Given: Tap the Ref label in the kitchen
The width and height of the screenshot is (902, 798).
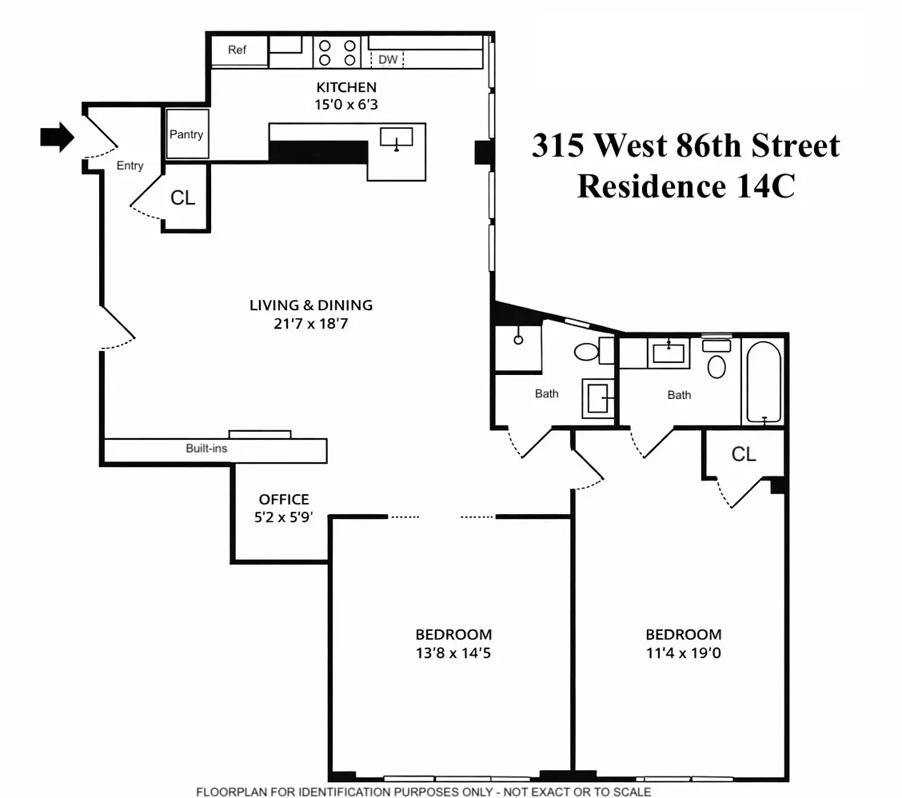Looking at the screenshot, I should [237, 50].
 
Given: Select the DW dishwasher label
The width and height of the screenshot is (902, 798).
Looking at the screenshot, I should [388, 59].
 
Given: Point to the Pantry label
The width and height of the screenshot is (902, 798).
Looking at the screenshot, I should [186, 134].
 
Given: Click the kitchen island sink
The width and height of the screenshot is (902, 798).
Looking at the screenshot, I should [396, 138].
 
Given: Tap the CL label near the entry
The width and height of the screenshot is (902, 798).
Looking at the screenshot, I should [183, 198].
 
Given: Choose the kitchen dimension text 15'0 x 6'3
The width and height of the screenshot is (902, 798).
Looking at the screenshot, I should [346, 103].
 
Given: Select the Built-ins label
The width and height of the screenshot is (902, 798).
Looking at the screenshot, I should [206, 449].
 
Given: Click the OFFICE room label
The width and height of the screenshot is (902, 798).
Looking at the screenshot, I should [284, 500].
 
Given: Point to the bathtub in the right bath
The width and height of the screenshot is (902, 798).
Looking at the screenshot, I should [764, 381].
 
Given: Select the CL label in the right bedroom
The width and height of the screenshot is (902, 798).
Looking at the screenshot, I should [744, 454].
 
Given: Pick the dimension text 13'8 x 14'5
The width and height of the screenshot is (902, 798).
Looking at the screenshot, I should [453, 652].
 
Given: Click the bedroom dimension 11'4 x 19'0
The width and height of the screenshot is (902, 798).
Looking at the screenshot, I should [684, 652].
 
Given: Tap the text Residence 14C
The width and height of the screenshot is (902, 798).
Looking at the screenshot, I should [685, 186].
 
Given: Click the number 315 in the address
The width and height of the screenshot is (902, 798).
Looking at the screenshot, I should [560, 146].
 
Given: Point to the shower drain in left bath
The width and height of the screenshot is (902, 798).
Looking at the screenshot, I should [518, 340].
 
